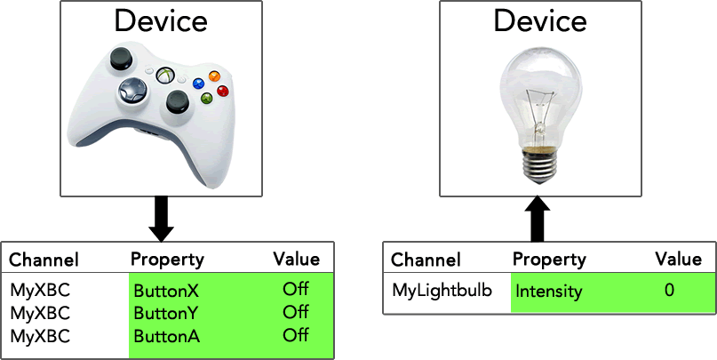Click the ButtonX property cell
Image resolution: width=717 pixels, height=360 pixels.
166,291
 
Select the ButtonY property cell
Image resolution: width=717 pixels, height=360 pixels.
166,314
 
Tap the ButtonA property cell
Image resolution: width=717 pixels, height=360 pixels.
166,336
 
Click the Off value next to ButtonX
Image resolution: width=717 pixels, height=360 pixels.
295,289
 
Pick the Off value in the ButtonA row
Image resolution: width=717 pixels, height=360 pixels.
295,335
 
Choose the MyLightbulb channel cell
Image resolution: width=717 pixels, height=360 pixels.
442,290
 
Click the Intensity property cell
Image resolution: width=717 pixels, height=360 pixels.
549,292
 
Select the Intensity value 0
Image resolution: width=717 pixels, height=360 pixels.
669,290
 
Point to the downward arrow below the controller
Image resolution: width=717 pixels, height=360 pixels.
162,219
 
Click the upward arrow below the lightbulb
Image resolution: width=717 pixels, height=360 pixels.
538,219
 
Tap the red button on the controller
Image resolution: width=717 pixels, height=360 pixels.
223,91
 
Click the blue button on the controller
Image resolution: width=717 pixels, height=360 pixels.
198,84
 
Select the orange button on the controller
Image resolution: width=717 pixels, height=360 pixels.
214,76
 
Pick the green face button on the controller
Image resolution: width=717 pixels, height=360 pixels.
207,98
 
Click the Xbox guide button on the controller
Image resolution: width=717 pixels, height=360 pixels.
165,75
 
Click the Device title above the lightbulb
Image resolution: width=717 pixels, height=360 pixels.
540,21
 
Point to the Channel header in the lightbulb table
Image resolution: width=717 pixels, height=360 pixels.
426,260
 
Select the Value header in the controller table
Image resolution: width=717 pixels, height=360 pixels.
297,259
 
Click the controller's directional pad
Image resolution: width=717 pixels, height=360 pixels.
132,92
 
